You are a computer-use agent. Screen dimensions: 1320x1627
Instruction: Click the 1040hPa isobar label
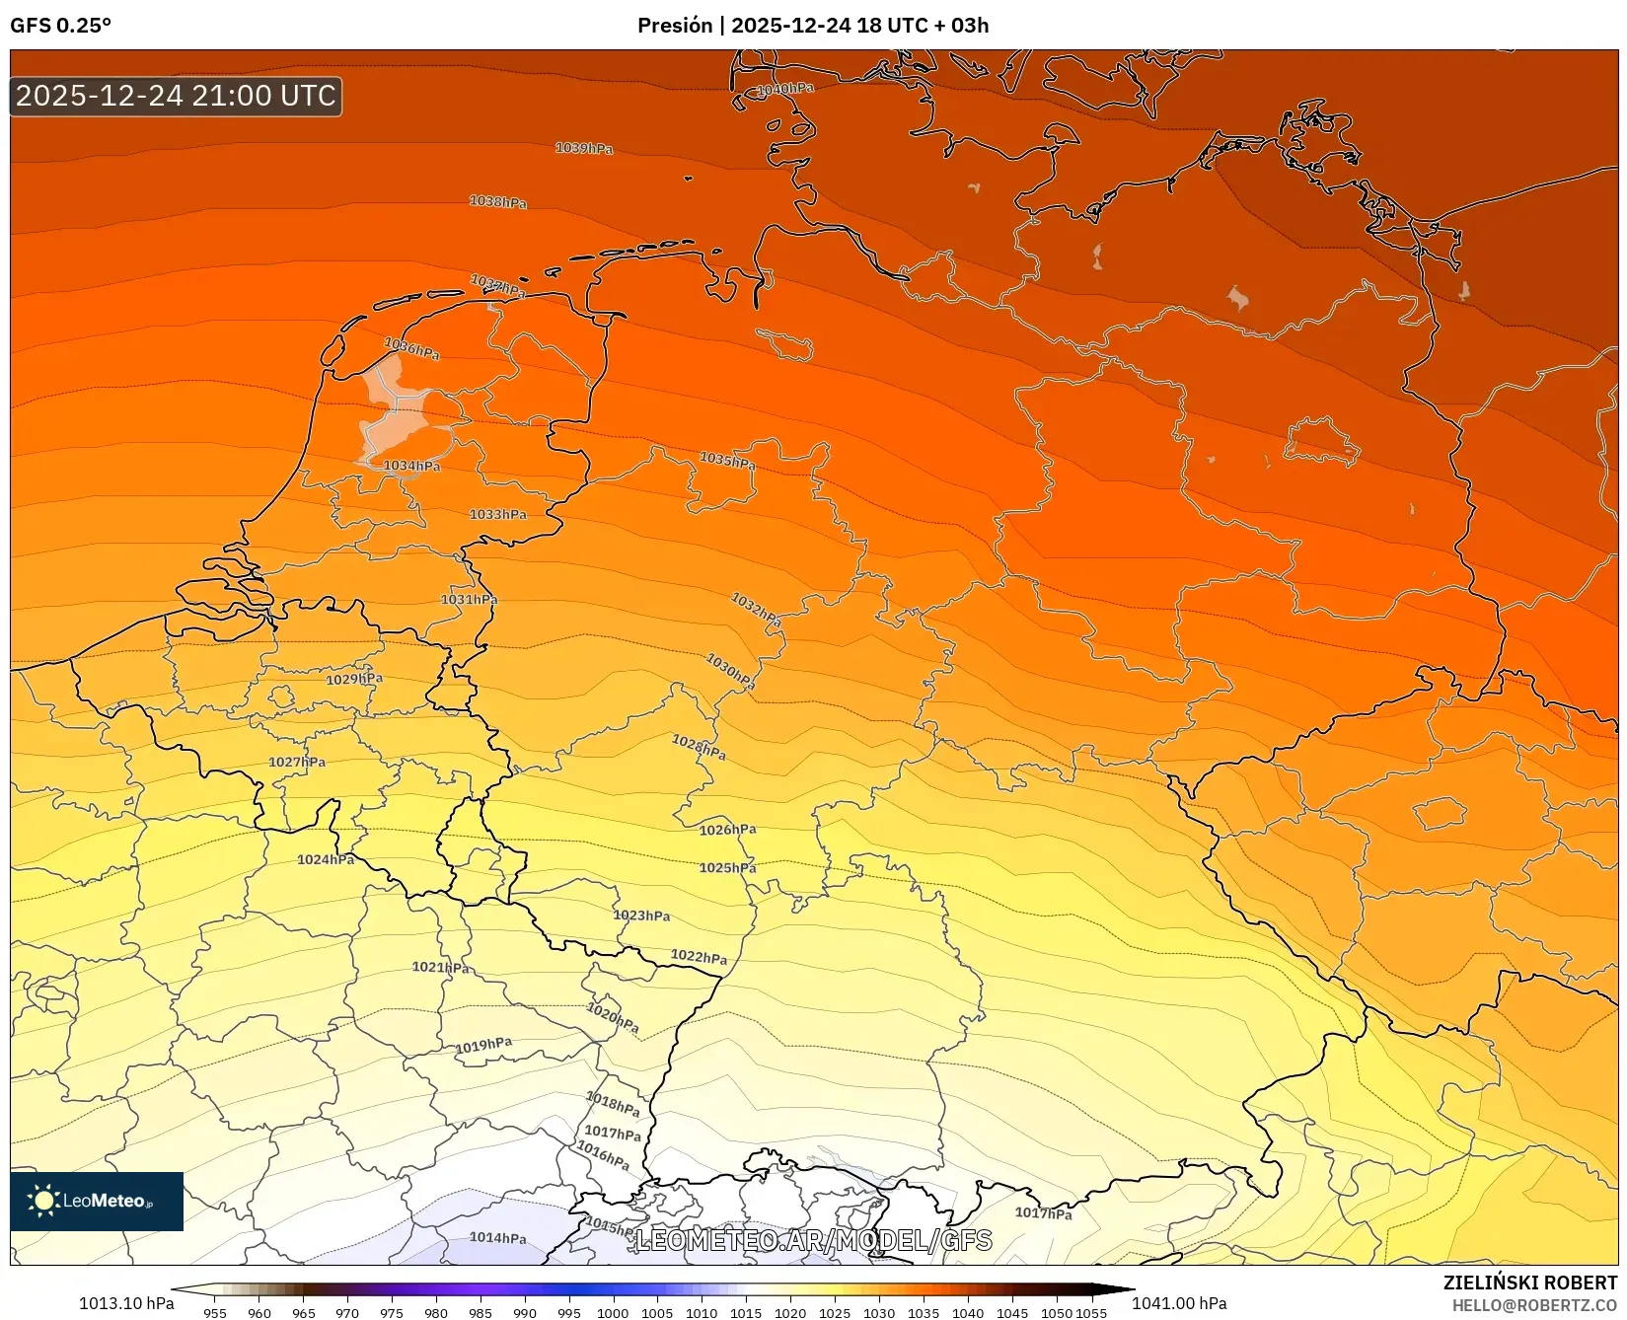pos(785,89)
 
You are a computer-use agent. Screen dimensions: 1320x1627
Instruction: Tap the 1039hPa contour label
pos(584,148)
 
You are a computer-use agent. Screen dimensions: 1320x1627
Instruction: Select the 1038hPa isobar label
pos(498,201)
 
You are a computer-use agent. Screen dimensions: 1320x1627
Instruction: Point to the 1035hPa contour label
pos(728,460)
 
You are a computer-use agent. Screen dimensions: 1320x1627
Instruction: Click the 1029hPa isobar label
pos(354,679)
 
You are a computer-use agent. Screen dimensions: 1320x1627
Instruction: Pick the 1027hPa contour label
pos(297,762)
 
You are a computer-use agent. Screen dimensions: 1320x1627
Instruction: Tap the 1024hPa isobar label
pos(326,859)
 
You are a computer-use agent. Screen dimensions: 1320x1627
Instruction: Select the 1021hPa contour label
pos(440,967)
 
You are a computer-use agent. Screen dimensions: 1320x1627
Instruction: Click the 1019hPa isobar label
pos(483,1045)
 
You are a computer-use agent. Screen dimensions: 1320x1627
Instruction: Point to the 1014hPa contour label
pos(497,1237)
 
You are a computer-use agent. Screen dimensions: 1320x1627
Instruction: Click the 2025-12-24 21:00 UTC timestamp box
pos(176,96)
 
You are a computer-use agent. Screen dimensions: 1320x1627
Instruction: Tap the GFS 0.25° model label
pos(60,26)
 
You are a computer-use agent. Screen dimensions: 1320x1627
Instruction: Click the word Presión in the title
pos(675,26)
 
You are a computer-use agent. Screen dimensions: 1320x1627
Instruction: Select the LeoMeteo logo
pos(97,1201)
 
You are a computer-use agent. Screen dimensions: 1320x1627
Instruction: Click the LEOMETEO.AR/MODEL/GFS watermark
pos(813,1240)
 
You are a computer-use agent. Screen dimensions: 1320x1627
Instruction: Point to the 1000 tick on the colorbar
pos(613,1312)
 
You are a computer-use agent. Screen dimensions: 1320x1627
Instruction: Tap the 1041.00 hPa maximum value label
pos(1179,1303)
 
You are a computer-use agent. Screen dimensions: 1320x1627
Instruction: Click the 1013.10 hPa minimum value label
pos(126,1303)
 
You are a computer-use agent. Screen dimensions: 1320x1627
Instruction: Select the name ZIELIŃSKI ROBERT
pos(1530,1283)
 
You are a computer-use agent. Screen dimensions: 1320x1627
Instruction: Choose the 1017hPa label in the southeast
pos(1043,1212)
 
